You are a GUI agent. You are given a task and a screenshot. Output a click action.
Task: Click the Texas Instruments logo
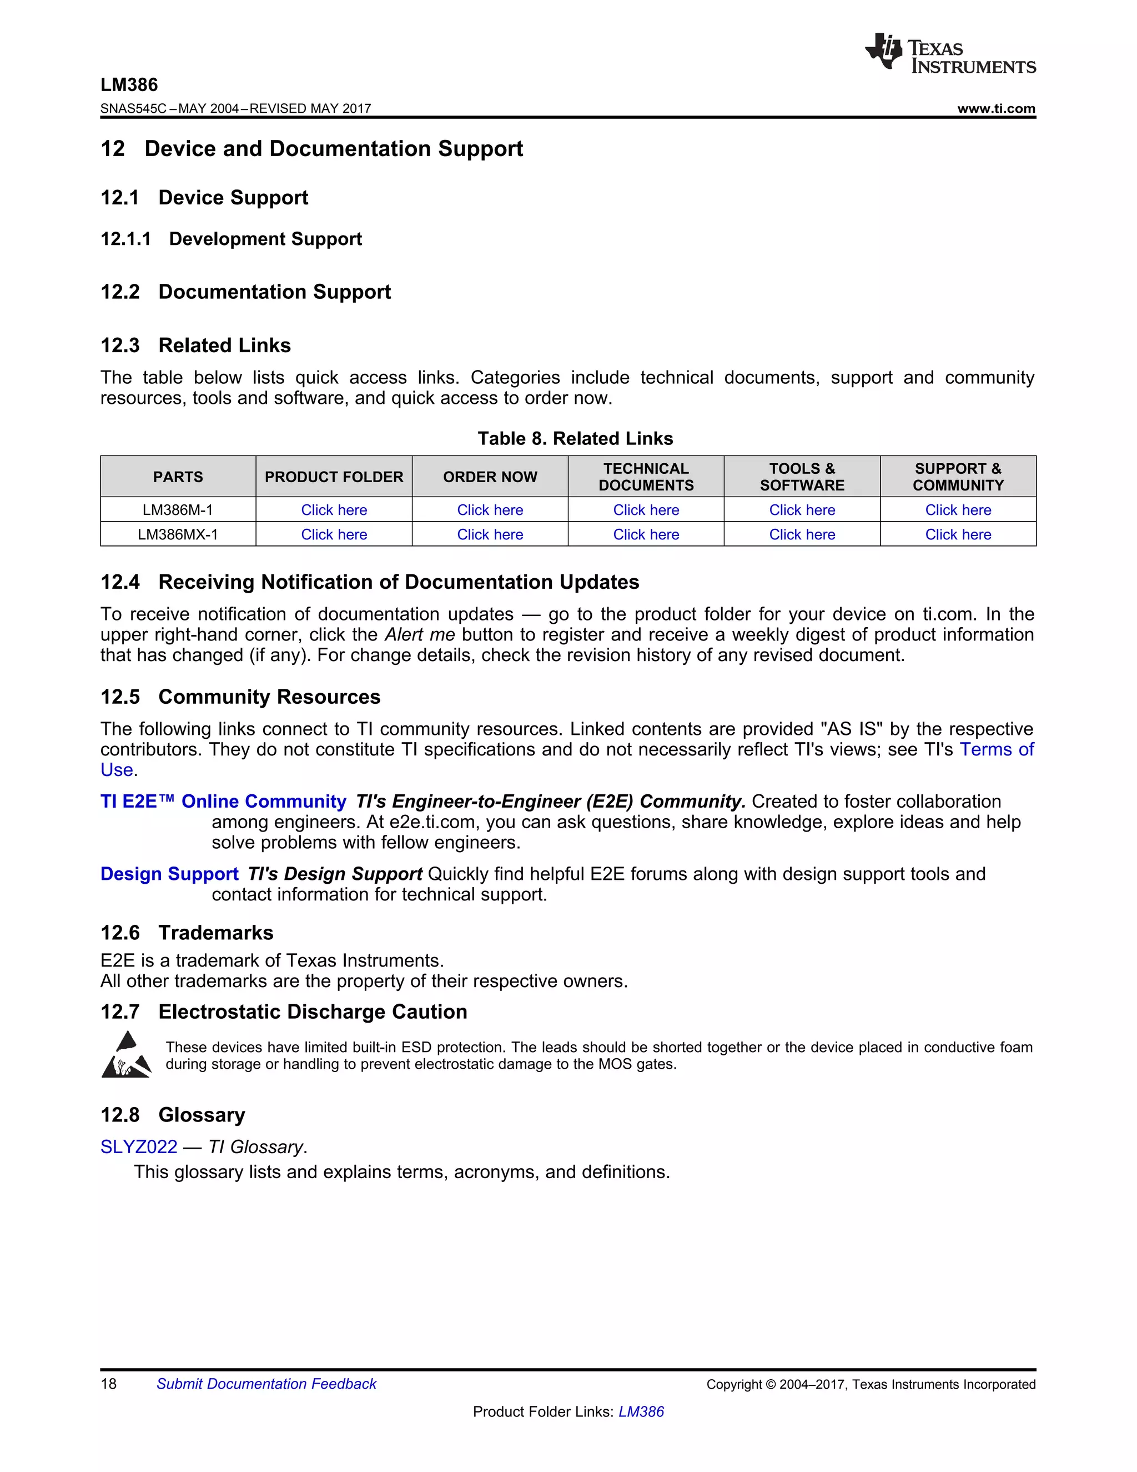click(x=950, y=53)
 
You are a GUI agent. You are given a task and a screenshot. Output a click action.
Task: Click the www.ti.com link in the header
click(x=995, y=108)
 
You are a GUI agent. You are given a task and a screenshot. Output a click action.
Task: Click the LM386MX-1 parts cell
click(x=177, y=534)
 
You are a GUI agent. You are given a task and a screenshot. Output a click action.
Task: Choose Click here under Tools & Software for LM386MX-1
click(x=802, y=534)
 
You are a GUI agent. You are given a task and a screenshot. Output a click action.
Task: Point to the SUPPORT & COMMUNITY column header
click(x=957, y=477)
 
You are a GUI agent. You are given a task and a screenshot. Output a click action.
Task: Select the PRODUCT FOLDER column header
click(x=334, y=477)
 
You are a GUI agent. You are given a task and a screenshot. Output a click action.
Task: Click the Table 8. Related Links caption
click(x=575, y=439)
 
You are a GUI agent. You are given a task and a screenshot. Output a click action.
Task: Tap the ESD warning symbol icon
click(x=126, y=1055)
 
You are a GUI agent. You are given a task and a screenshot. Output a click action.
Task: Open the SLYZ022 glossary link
click(x=139, y=1146)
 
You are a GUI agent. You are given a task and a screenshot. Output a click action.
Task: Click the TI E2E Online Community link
click(x=223, y=802)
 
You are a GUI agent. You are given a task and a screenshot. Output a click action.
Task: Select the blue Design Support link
click(x=169, y=874)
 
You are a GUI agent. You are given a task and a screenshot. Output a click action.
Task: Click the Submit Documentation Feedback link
click(x=266, y=1384)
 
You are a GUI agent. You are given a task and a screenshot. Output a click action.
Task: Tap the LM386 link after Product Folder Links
click(x=641, y=1411)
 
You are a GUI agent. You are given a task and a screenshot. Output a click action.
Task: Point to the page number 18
click(x=108, y=1384)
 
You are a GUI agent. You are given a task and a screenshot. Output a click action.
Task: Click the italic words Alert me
click(x=419, y=635)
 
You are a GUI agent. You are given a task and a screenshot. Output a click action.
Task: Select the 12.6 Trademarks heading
click(x=187, y=932)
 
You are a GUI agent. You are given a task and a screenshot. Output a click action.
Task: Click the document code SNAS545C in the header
click(x=133, y=108)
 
